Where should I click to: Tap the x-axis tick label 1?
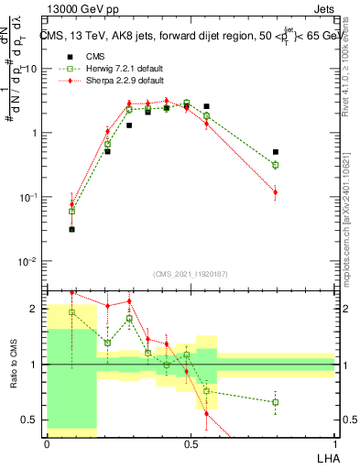334,443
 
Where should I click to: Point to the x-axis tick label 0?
46,443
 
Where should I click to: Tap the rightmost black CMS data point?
276,152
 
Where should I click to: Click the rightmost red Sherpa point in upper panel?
276,191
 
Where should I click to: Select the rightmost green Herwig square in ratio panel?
276,402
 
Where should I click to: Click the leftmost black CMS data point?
71,229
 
